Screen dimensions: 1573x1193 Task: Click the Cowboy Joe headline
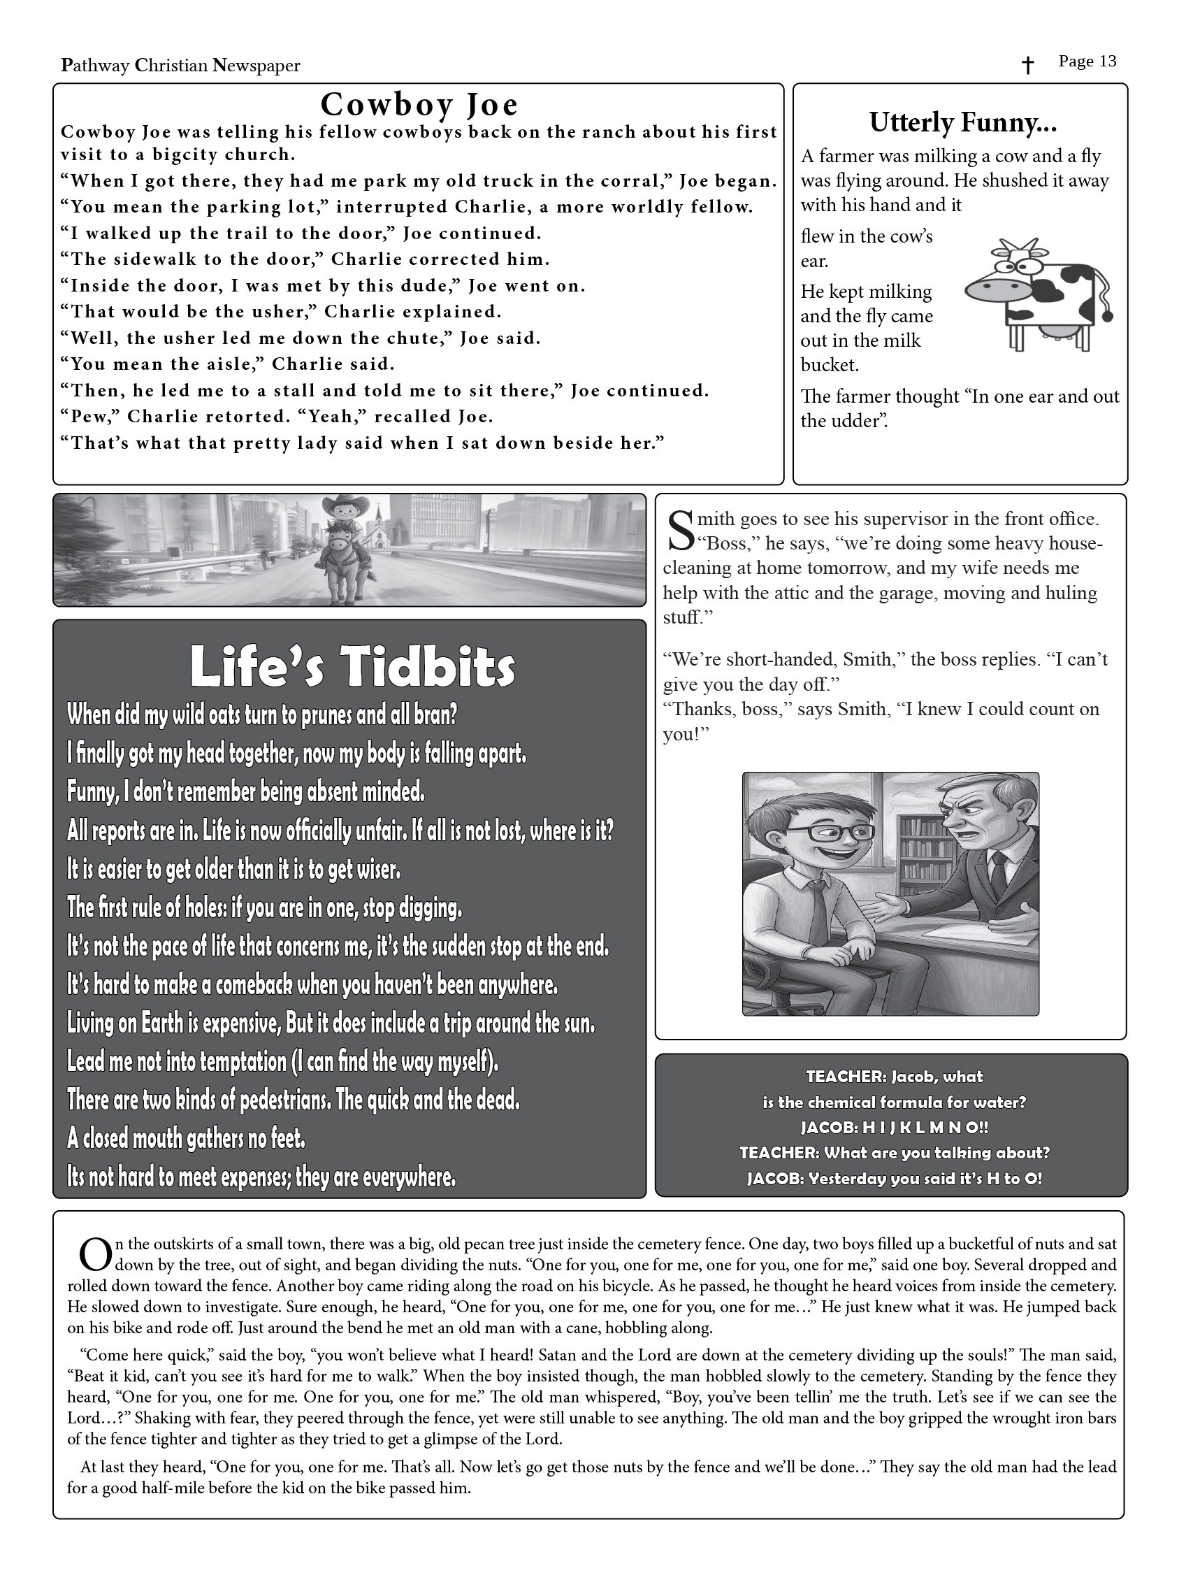click(x=419, y=106)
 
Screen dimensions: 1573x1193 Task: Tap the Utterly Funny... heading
click(x=962, y=123)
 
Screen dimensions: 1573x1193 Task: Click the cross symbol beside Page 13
click(x=1027, y=66)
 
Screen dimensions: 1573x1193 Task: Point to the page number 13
click(x=1107, y=62)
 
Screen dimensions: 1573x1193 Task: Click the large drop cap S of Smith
click(x=680, y=531)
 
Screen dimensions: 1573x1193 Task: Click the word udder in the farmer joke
click(x=860, y=421)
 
